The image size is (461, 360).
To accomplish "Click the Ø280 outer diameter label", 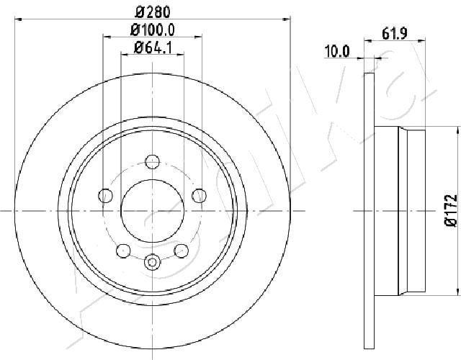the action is point(153,12).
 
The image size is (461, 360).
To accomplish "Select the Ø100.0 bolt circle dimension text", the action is point(153,30).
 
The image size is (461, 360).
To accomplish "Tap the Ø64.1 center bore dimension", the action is point(153,48).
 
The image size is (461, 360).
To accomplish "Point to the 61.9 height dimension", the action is point(395,34).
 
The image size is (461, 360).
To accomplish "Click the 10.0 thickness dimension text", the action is point(336,51).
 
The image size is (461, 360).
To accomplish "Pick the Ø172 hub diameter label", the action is point(450,210).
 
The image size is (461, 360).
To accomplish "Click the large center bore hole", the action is point(152,211).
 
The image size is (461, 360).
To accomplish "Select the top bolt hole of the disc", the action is point(152,161).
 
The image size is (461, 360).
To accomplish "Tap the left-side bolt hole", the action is point(105,195).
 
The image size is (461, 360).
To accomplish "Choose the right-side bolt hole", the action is point(200,195).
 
